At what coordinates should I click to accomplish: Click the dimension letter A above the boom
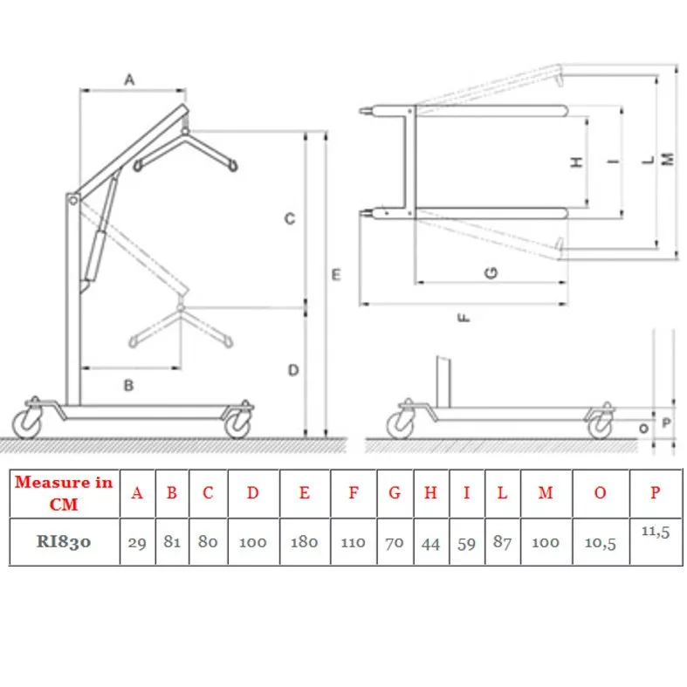pos(129,79)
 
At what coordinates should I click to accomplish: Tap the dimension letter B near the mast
pos(128,385)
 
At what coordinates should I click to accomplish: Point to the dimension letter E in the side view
pos(336,275)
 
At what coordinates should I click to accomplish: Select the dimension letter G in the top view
pos(491,273)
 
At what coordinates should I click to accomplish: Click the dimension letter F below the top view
pos(464,317)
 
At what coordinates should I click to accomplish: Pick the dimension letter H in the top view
pos(577,161)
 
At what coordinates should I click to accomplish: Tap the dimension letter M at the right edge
pos(668,159)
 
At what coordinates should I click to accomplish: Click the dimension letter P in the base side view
pos(666,423)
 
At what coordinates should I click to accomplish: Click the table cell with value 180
pos(305,542)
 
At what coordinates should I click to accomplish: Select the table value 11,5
pos(656,532)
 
